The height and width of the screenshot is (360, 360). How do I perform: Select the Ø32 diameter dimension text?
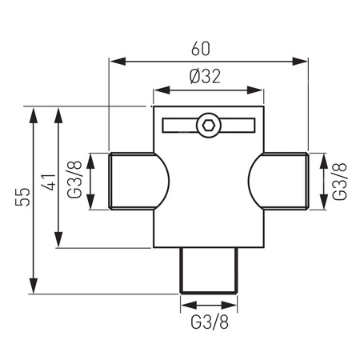(207, 78)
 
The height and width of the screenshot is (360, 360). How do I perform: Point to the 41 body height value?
(48, 183)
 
